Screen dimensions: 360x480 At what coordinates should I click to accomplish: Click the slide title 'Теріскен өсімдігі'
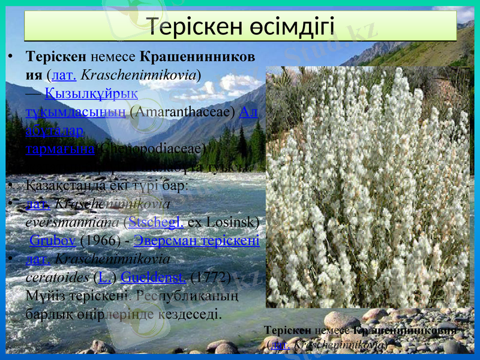pyautogui.click(x=241, y=26)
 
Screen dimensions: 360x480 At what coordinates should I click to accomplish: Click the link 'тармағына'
pyautogui.click(x=60, y=149)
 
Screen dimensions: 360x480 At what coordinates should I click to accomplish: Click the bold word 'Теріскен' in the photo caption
pyautogui.click(x=287, y=331)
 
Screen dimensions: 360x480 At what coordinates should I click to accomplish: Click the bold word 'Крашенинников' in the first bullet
pyautogui.click(x=197, y=57)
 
